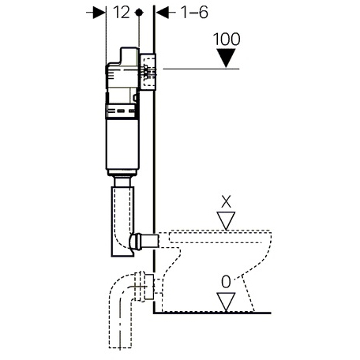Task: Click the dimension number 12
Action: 122,13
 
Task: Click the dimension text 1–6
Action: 195,13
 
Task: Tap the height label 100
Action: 227,39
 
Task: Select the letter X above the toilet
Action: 226,202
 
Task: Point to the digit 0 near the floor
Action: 226,282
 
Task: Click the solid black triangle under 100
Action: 226,58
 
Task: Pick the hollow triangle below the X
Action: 226,220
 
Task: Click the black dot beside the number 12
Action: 139,13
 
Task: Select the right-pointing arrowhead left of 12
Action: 99,13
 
